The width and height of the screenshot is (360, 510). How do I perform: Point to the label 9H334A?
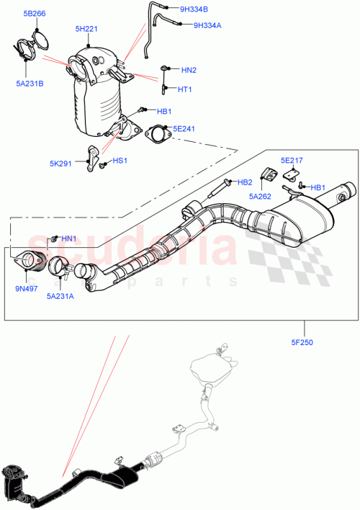[207, 25]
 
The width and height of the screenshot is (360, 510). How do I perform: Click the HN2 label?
[189, 70]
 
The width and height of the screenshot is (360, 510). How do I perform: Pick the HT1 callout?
[185, 89]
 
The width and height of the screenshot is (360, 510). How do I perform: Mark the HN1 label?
[68, 238]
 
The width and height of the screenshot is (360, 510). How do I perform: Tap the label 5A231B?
[30, 83]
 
